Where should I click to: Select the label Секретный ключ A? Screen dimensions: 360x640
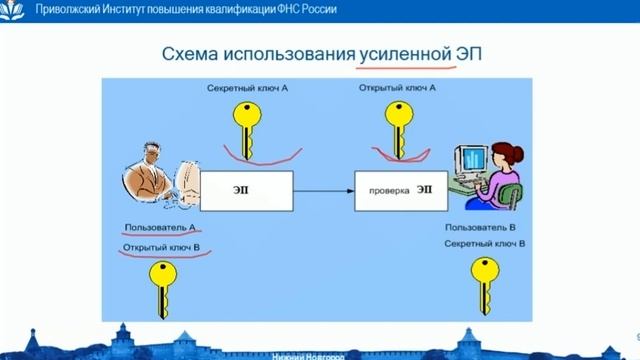coord(249,89)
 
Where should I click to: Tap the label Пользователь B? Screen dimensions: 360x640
coord(484,228)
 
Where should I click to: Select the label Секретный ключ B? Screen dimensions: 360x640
coord(486,243)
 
